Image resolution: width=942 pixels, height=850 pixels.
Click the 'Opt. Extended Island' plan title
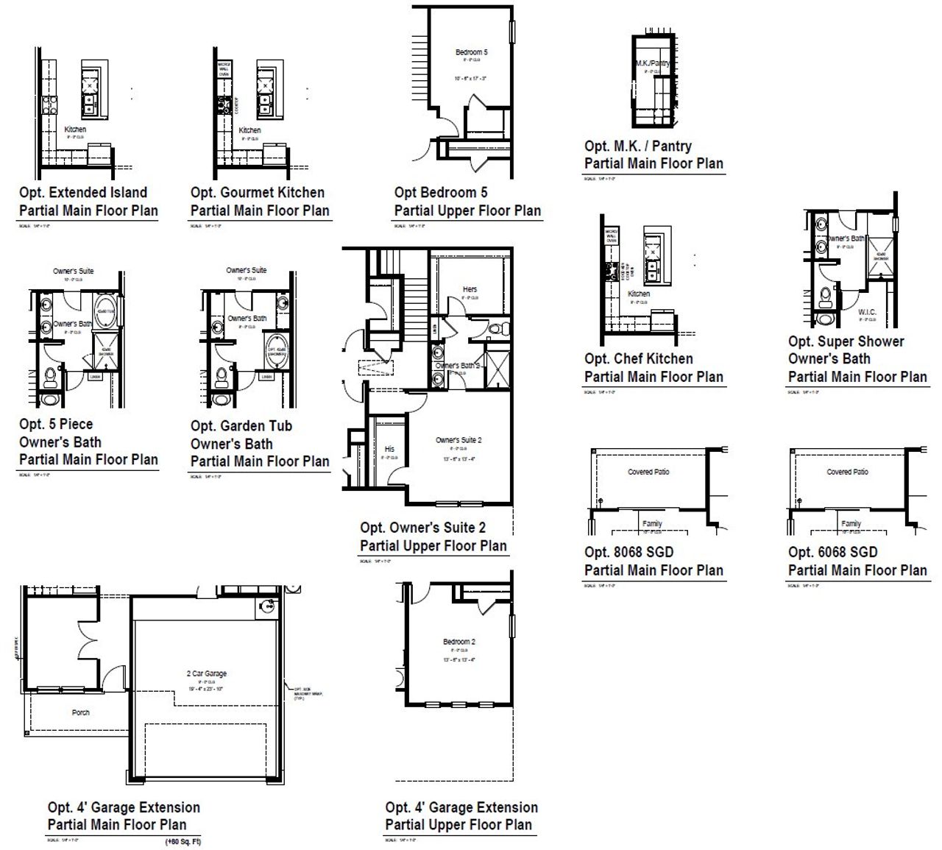pyautogui.click(x=83, y=193)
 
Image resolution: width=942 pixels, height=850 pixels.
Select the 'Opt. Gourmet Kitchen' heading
pyautogui.click(x=257, y=193)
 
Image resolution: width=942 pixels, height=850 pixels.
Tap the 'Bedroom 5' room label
pyautogui.click(x=471, y=52)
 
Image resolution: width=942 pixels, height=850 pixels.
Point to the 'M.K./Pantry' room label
pyautogui.click(x=653, y=64)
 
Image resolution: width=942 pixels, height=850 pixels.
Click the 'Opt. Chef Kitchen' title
pyautogui.click(x=638, y=359)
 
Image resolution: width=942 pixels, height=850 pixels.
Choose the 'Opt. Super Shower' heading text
pyautogui.click(x=846, y=341)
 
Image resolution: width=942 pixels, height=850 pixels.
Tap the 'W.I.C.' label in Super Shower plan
pyautogui.click(x=867, y=312)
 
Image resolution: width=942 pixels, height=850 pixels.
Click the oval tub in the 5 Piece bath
pyautogui.click(x=105, y=313)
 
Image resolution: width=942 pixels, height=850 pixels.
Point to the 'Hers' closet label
pyautogui.click(x=470, y=289)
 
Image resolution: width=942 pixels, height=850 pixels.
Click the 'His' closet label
pyautogui.click(x=389, y=449)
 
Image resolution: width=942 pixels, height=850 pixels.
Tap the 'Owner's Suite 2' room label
pyautogui.click(x=458, y=440)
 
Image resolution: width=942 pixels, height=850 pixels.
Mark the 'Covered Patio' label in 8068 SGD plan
pyautogui.click(x=648, y=472)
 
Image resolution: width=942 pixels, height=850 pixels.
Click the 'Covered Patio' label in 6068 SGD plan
pyautogui.click(x=847, y=472)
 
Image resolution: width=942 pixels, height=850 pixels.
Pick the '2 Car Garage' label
pyautogui.click(x=206, y=673)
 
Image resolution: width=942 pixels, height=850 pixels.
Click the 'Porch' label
pyautogui.click(x=81, y=712)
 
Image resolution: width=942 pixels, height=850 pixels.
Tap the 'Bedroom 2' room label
pyautogui.click(x=458, y=642)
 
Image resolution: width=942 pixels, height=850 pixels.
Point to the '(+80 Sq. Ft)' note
pyautogui.click(x=183, y=841)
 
